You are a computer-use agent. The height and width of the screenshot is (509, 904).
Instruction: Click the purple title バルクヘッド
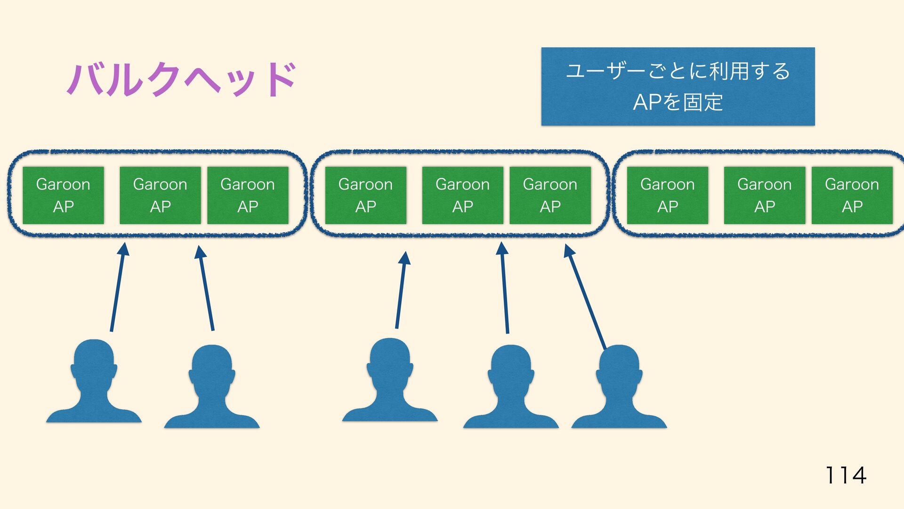tap(181, 79)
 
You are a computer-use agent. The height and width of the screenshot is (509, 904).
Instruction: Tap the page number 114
tap(846, 475)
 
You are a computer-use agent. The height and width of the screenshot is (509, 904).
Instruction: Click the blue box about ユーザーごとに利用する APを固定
tap(678, 86)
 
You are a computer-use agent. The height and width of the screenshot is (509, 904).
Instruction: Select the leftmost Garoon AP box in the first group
tap(63, 195)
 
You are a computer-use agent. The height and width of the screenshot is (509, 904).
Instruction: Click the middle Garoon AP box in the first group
tap(160, 195)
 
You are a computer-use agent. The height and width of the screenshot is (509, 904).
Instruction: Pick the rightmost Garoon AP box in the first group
tap(248, 195)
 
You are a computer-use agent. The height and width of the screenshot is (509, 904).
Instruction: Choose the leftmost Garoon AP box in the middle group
tap(365, 195)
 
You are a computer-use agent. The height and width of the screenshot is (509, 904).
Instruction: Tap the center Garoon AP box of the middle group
tap(462, 195)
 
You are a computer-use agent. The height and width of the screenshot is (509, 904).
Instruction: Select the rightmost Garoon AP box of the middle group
tap(550, 195)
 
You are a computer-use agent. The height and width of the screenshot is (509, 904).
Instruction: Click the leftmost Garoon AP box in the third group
tap(667, 195)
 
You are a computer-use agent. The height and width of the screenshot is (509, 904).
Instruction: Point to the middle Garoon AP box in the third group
tap(764, 195)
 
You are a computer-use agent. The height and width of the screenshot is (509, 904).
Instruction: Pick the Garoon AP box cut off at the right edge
tap(852, 195)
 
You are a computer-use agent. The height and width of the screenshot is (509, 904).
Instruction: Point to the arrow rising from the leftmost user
tap(117, 287)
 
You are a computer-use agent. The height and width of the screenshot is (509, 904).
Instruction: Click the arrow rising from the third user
tap(401, 290)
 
